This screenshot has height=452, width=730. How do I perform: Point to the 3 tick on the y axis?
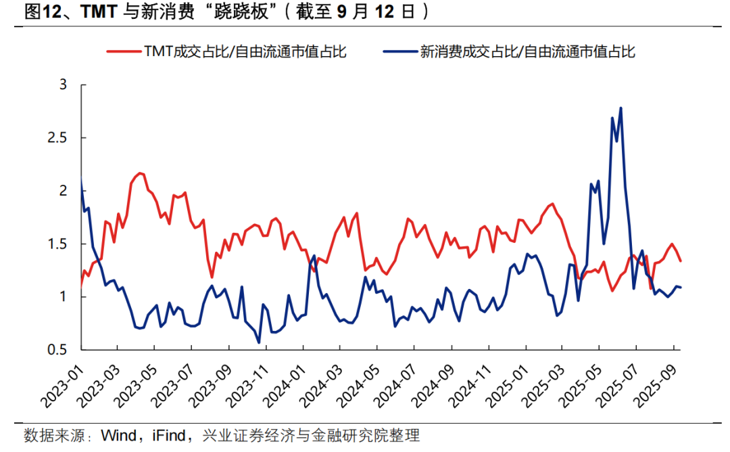(x=64, y=85)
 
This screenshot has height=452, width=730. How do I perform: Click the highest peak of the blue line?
(x=620, y=108)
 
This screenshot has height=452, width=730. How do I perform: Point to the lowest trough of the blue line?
(x=259, y=342)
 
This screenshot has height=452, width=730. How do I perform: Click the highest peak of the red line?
(x=140, y=173)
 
